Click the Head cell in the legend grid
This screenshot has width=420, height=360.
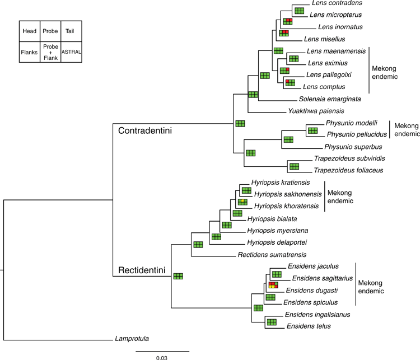[30, 31]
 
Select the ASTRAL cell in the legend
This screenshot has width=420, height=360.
[71, 52]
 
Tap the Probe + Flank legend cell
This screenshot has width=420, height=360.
[50, 52]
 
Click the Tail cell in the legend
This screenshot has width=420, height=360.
[71, 31]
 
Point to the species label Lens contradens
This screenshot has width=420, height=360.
[337, 3]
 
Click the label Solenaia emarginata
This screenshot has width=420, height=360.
[330, 99]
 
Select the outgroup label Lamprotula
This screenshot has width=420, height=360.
[132, 339]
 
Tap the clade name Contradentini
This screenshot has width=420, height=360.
[145, 130]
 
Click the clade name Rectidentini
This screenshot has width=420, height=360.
[142, 270]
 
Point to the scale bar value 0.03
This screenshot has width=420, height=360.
[162, 357]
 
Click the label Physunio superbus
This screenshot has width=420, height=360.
[353, 147]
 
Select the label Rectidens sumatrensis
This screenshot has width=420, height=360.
[272, 255]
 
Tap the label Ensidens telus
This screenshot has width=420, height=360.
[309, 326]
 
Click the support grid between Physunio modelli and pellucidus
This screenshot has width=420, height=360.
[312, 130]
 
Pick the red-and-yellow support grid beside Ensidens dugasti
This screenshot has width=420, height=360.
[273, 285]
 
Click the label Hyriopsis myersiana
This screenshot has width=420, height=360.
[278, 230]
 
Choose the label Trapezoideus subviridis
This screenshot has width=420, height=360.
[349, 158]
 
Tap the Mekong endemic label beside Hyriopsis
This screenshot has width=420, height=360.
[340, 197]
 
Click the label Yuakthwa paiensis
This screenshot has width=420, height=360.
[316, 111]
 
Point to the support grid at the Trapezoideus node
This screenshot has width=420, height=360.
[294, 166]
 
